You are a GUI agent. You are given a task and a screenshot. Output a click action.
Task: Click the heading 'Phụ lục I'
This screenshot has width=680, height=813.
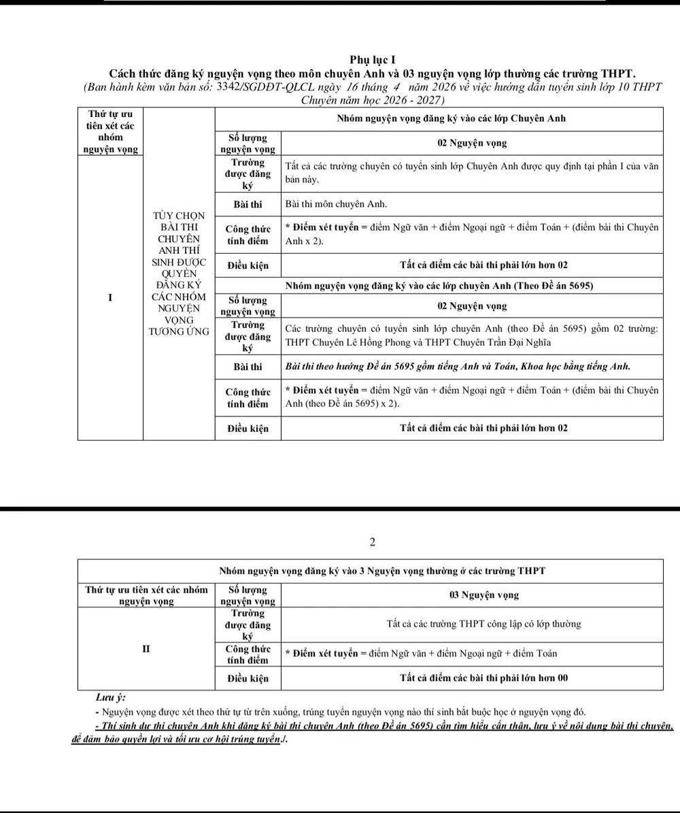coord(372,61)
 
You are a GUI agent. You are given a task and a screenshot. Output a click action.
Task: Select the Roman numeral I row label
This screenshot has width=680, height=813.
coord(109,297)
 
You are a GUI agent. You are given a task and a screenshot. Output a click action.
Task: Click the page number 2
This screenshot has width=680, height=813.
coord(372,542)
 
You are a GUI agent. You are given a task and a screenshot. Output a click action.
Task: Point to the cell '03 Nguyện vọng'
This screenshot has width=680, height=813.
coord(483,595)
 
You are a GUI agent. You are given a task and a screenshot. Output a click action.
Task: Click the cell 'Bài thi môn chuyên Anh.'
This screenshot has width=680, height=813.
coord(336,204)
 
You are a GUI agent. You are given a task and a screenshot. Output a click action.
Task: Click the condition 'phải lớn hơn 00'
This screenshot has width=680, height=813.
coord(484,678)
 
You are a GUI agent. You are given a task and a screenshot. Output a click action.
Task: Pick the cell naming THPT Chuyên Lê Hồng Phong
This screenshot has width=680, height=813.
coord(471,335)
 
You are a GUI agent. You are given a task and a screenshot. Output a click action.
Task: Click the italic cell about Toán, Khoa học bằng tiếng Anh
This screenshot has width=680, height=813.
coord(457,367)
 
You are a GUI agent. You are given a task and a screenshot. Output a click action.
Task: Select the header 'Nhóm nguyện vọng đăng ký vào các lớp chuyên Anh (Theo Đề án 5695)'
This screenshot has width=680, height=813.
coord(439,286)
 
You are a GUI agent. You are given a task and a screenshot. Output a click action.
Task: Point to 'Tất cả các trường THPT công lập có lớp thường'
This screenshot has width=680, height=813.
coord(483,624)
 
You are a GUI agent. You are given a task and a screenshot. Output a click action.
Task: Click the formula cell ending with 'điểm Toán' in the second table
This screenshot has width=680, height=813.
coord(422,653)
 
